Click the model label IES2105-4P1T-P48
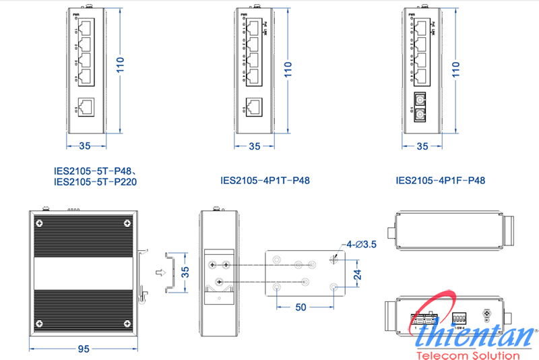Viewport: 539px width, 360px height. (x=265, y=181)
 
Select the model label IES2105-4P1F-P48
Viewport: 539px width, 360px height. (x=441, y=181)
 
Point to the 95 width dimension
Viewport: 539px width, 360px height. (x=84, y=349)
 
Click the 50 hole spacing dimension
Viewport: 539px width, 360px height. (x=300, y=307)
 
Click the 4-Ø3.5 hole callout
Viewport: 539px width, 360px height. (x=360, y=243)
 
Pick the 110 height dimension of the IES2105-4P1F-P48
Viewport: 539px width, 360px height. (x=457, y=67)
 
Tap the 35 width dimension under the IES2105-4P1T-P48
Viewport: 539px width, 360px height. (x=254, y=146)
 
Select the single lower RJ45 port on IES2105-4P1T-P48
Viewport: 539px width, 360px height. (x=254, y=107)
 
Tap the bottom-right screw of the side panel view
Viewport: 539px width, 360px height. (x=127, y=323)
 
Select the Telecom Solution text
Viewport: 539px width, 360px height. (x=469, y=355)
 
